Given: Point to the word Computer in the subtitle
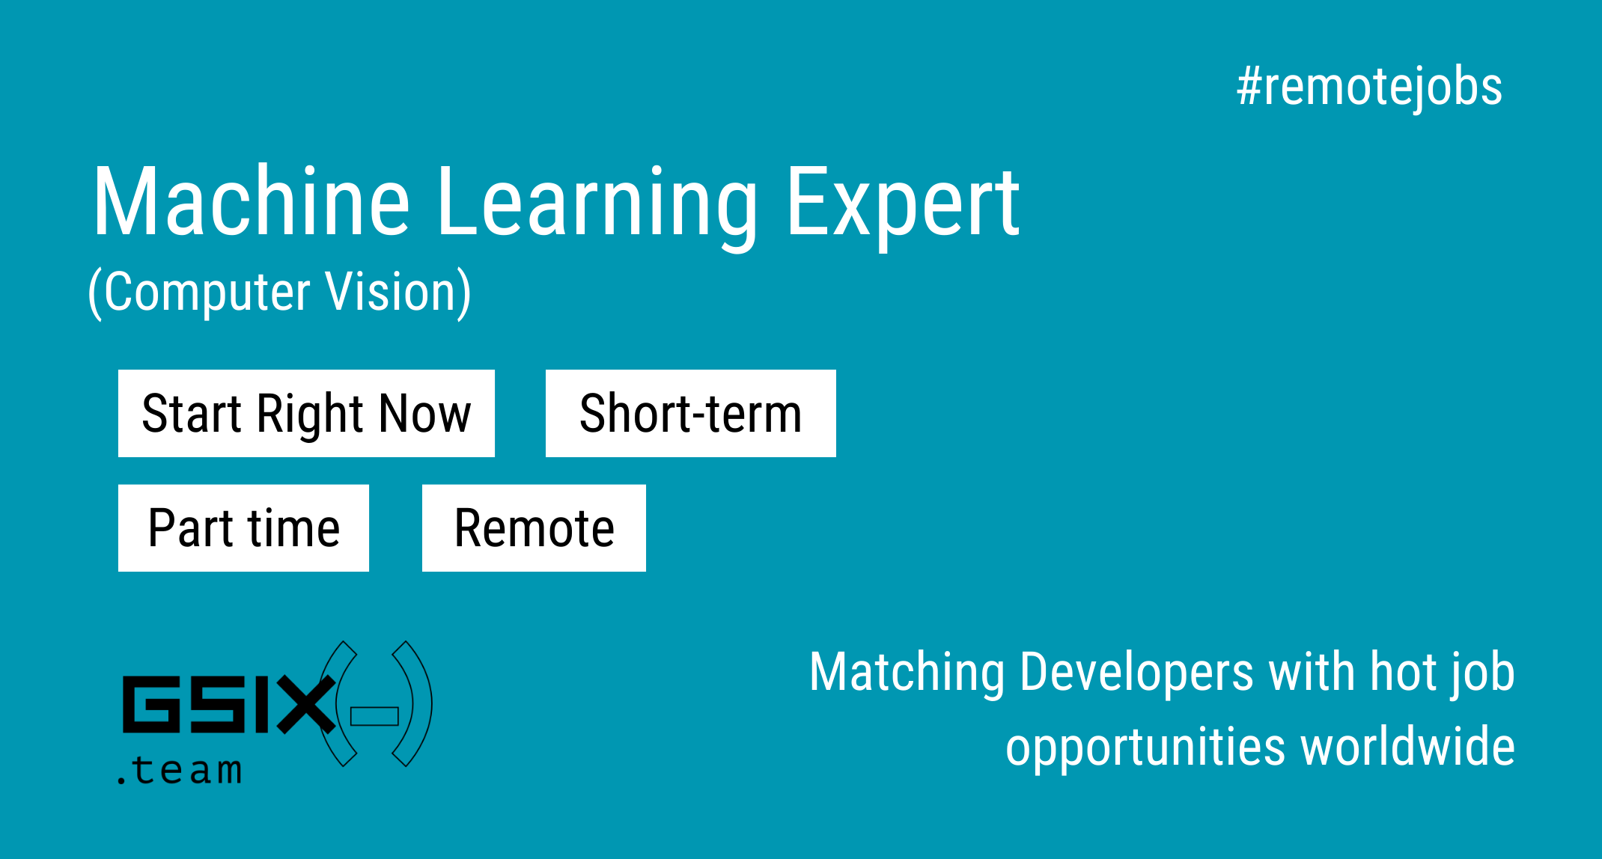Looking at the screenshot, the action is click(x=207, y=292).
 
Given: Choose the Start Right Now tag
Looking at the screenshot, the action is click(x=306, y=413).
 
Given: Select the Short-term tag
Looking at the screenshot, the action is click(x=691, y=413).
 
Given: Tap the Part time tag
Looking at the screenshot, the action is click(x=243, y=528).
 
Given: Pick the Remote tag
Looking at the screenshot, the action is click(x=534, y=528).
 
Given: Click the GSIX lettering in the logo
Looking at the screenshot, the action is click(x=229, y=704).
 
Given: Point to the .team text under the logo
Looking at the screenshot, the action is click(x=180, y=770).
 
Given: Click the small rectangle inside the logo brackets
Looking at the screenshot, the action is click(x=374, y=716).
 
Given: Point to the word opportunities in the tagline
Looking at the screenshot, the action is click(x=1146, y=748).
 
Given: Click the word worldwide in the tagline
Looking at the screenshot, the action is click(x=1408, y=747).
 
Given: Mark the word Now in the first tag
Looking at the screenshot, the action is click(x=425, y=413).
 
